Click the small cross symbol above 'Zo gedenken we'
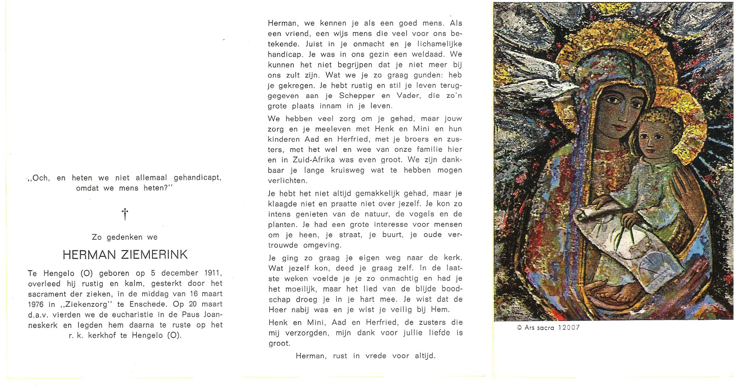125,214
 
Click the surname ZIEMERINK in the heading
154,255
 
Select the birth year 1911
213,273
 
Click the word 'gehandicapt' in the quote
197,178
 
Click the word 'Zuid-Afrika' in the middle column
316,160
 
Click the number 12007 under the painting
569,328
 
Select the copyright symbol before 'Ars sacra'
519,328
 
